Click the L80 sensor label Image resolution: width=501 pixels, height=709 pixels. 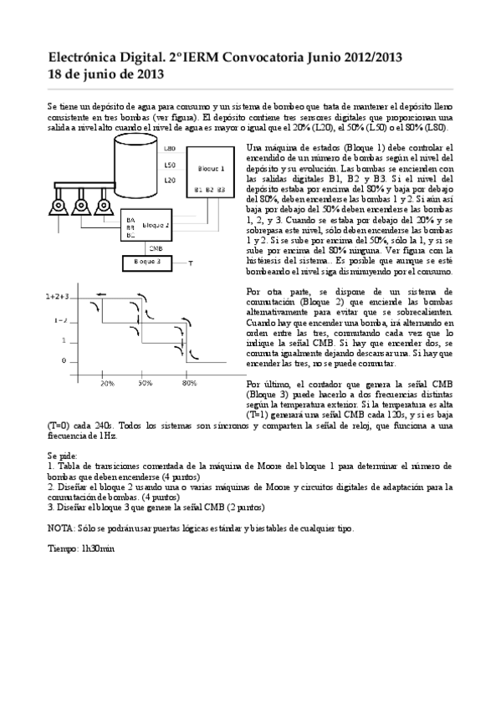click(x=170, y=148)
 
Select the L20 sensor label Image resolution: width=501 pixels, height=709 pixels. click(x=170, y=180)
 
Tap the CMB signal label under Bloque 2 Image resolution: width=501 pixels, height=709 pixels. click(x=156, y=248)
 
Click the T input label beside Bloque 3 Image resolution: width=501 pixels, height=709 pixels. click(x=191, y=263)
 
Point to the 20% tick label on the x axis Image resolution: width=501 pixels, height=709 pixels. click(x=107, y=382)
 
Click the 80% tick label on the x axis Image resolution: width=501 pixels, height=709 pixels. click(x=189, y=382)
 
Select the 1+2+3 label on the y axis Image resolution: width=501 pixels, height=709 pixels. click(x=57, y=296)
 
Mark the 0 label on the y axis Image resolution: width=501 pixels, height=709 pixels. click(x=64, y=360)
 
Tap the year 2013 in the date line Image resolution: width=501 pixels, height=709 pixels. click(x=146, y=74)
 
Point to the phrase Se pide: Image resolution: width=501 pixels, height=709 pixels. click(x=63, y=455)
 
